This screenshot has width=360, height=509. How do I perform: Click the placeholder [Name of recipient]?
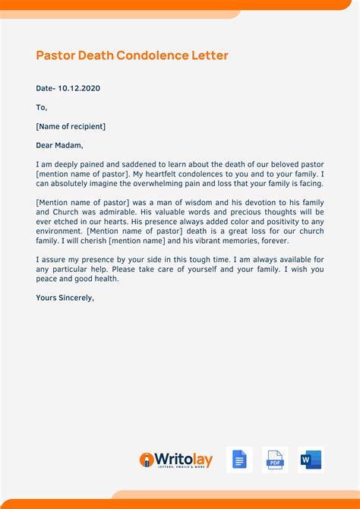[x=71, y=126]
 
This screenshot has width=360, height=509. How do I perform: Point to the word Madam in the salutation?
[x=69, y=145]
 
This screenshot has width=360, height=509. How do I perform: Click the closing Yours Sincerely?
[x=65, y=298]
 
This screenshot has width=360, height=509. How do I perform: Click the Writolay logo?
[x=176, y=460]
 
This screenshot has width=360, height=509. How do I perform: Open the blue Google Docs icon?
[x=239, y=460]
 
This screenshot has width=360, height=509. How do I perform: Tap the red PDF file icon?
[x=275, y=460]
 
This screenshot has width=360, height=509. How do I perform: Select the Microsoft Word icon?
[x=311, y=460]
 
